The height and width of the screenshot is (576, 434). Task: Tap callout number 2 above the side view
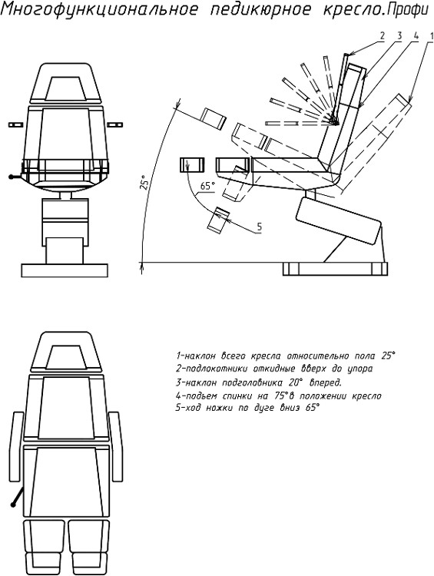(x=383, y=36)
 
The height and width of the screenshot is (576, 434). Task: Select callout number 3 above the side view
(x=399, y=36)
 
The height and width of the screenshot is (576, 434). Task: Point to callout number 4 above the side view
(x=416, y=36)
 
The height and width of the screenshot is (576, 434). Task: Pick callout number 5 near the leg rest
(x=260, y=227)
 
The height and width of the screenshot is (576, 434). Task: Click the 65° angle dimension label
(x=207, y=186)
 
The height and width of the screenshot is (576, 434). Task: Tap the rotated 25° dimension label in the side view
(x=144, y=181)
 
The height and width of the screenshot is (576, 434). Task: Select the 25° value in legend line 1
(x=388, y=356)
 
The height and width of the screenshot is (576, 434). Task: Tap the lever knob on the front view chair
(x=12, y=177)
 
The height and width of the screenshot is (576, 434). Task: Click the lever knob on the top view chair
(x=13, y=505)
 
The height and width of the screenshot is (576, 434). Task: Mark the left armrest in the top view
(x=15, y=446)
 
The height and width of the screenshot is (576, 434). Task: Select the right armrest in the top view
(x=116, y=446)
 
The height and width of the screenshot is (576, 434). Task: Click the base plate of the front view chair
(x=65, y=270)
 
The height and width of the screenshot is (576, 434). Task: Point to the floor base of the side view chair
(x=336, y=269)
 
